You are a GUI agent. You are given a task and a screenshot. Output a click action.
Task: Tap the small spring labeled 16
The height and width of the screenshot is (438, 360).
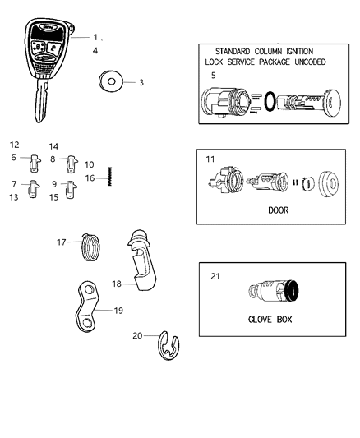109,178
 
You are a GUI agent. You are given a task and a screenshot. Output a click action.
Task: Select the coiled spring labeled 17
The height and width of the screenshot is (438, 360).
95,246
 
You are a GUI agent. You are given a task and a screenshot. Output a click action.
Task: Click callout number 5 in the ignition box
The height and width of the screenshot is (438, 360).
213,76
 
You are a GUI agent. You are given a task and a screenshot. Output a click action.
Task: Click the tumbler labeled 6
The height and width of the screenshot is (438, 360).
35,158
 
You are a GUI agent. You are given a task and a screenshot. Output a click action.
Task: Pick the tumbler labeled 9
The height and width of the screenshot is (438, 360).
71,187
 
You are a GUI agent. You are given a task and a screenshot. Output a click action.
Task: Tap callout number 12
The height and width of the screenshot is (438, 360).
15,145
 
